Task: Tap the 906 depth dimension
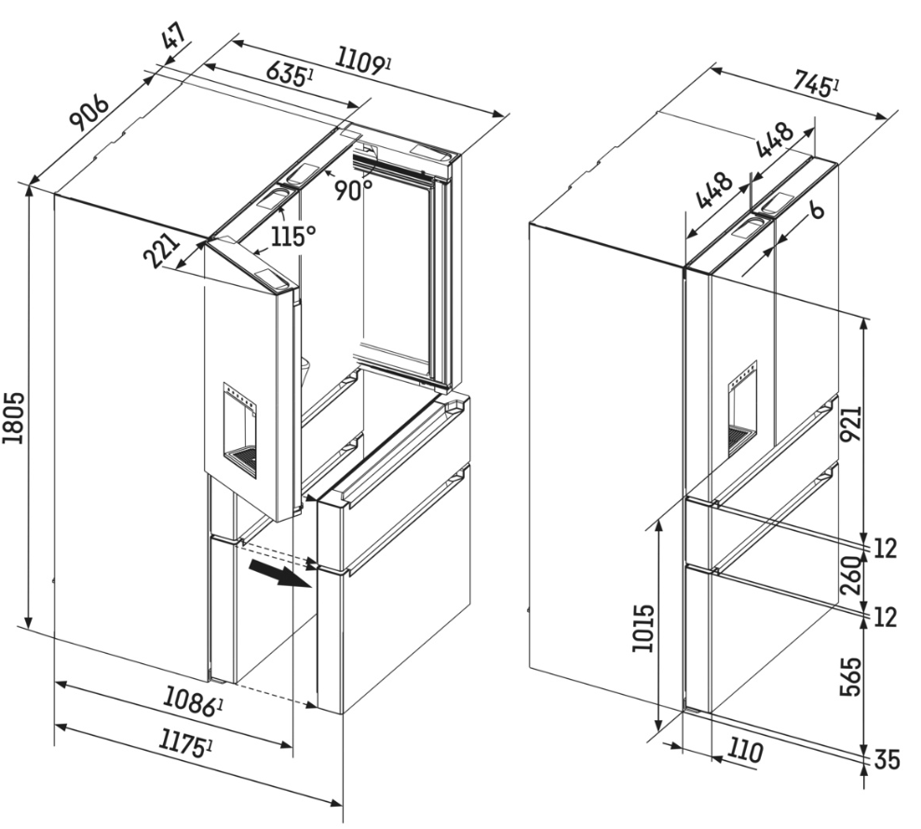point(89,111)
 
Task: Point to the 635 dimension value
point(288,73)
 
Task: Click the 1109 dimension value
point(363,61)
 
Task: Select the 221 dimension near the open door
point(160,251)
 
